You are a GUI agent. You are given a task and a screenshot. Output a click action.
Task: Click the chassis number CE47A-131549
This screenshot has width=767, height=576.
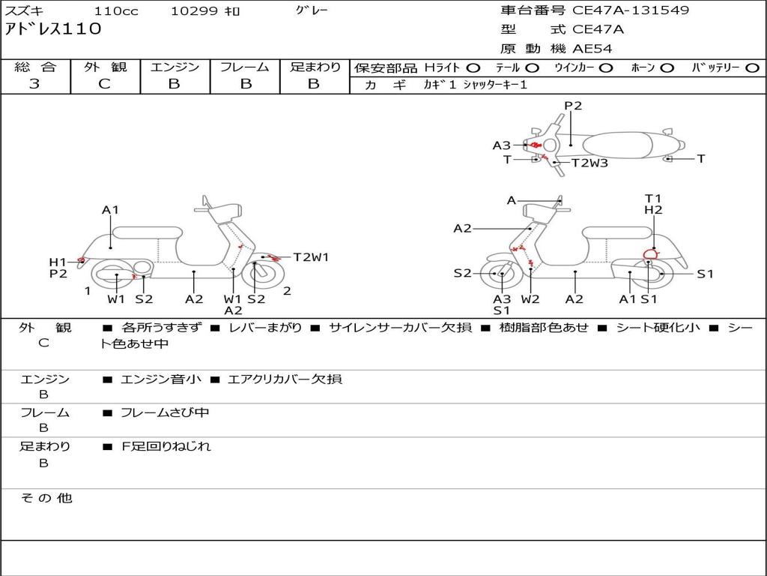pyautogui.click(x=631, y=10)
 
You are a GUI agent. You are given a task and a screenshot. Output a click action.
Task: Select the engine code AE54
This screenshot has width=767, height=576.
pyautogui.click(x=592, y=49)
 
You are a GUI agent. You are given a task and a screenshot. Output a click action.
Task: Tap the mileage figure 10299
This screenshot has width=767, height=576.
pyautogui.click(x=194, y=11)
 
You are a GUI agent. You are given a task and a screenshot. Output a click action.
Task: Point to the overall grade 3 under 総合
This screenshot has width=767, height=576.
pyautogui.click(x=34, y=84)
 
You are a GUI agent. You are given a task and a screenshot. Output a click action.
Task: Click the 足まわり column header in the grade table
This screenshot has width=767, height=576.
pyautogui.click(x=315, y=67)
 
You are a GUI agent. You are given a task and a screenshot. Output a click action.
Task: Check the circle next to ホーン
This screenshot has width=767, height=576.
pyautogui.click(x=667, y=67)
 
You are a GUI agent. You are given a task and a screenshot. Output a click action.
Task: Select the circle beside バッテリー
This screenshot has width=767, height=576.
pyautogui.click(x=752, y=67)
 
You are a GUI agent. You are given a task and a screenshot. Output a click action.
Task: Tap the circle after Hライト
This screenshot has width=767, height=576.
pyautogui.click(x=474, y=67)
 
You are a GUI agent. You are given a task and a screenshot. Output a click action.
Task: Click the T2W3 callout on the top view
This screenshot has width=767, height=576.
pyautogui.click(x=589, y=163)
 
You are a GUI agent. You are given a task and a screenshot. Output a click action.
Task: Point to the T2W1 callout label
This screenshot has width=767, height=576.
pyautogui.click(x=311, y=257)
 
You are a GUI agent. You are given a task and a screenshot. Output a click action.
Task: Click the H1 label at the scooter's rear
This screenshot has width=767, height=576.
pyautogui.click(x=58, y=262)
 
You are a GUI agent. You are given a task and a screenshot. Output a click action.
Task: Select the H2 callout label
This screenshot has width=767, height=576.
pyautogui.click(x=653, y=211)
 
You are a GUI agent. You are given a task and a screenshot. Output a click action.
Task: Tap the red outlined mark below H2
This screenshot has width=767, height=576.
pyautogui.click(x=650, y=253)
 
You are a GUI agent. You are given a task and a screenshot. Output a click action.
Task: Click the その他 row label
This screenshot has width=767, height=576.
pyautogui.click(x=46, y=498)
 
